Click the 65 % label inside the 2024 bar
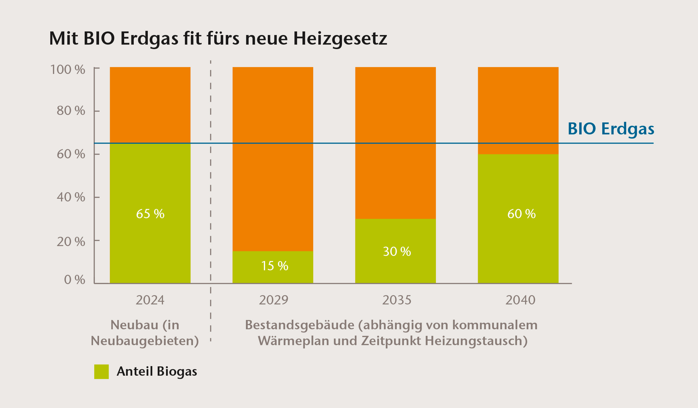pyautogui.click(x=150, y=214)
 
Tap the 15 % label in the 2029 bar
pyautogui.click(x=274, y=266)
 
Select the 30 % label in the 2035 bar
pyautogui.click(x=397, y=251)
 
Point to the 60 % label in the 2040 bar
pyautogui.click(x=521, y=214)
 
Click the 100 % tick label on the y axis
pyautogui.click(x=68, y=69)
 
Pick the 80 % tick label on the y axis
pyautogui.click(x=71, y=111)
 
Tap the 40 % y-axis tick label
pyautogui.click(x=71, y=197)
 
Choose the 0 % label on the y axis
pyautogui.click(x=74, y=280)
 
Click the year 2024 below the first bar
pyautogui.click(x=150, y=300)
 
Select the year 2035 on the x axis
pyautogui.click(x=397, y=300)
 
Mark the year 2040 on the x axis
pyautogui.click(x=520, y=300)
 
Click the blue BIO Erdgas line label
pyautogui.click(x=611, y=129)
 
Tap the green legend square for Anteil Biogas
pyautogui.click(x=101, y=371)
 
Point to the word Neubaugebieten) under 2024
pyautogui.click(x=145, y=341)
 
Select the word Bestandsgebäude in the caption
pyautogui.click(x=299, y=325)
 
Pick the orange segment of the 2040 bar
pyautogui.click(x=518, y=105)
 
